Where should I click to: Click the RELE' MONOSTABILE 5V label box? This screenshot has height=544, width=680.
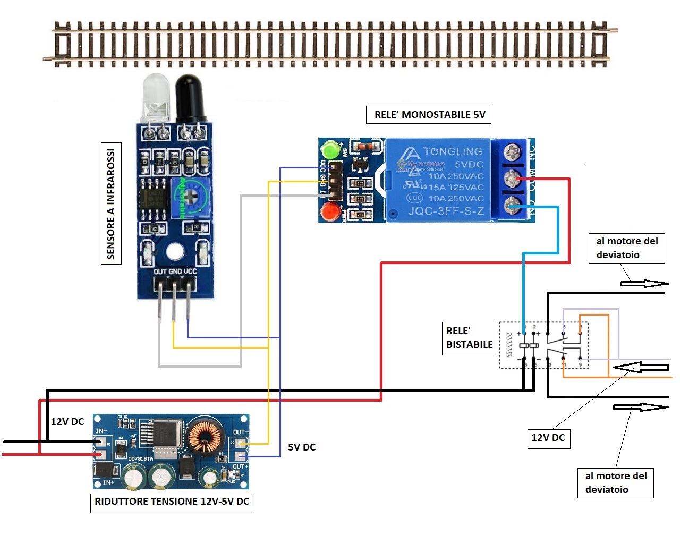429,115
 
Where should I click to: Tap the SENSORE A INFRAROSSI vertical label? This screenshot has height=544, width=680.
111,203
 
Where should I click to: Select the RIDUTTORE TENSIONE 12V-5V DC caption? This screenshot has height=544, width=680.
171,501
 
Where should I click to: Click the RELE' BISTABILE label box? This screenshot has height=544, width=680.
469,338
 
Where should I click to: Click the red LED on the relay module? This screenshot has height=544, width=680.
330,212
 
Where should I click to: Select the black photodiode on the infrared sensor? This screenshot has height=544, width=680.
190,97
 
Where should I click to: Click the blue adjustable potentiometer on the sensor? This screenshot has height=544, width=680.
189,197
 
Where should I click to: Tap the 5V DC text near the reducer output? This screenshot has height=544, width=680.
302,447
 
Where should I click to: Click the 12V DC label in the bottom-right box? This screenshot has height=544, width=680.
548,438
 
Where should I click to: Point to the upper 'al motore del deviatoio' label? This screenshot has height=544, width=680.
626,248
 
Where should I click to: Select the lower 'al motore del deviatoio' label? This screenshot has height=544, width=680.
615,483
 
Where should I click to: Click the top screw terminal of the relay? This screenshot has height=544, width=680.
512,153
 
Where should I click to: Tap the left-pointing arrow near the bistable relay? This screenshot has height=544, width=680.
640,367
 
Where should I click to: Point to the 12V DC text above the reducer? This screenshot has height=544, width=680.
67,422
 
